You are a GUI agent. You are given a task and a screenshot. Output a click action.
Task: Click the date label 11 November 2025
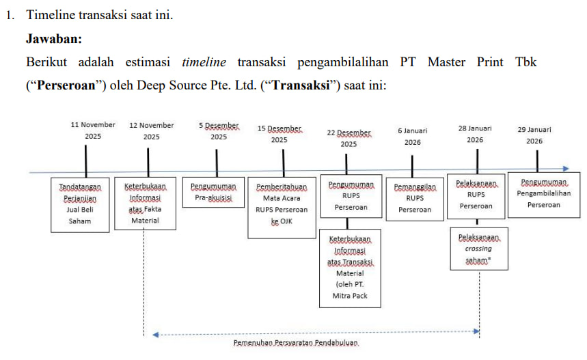tap(93, 130)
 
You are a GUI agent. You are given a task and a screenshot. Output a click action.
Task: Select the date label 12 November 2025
tap(152, 130)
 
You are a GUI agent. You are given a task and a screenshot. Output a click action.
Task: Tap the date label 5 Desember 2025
tap(219, 130)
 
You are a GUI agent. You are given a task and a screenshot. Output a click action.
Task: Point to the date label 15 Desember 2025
tap(279, 134)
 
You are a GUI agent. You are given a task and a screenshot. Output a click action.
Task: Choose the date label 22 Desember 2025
tap(349, 138)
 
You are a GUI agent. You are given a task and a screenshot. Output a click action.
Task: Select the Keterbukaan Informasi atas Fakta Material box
tap(144, 203)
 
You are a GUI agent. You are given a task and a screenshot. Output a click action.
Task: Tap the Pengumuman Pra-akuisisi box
tap(213, 192)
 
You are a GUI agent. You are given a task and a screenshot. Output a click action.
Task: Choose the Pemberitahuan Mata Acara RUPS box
tap(282, 208)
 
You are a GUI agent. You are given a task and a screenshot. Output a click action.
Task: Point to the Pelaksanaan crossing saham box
tap(479, 249)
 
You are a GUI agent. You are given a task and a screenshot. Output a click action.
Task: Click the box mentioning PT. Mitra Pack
tap(350, 268)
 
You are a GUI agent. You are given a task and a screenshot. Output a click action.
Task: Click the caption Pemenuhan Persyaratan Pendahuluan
tap(296, 342)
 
